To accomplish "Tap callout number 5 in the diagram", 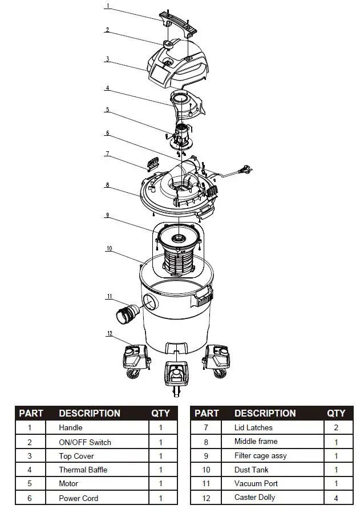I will pyautogui.click(x=107, y=110).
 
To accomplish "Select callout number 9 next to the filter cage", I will pyautogui.click(x=107, y=215).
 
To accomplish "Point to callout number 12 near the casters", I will pyautogui.click(x=110, y=334).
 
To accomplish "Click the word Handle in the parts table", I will pyautogui.click(x=71, y=427).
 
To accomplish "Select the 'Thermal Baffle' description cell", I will pyautogui.click(x=83, y=470).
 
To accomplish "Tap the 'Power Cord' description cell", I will pyautogui.click(x=78, y=498).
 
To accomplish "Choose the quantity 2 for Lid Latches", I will pyautogui.click(x=336, y=427).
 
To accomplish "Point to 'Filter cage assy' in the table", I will pyautogui.click(x=260, y=456).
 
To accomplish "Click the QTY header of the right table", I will pyautogui.click(x=336, y=413).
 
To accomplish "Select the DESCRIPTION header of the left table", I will pyautogui.click(x=90, y=413).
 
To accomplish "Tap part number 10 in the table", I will pyautogui.click(x=207, y=470).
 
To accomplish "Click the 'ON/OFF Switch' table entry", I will pyautogui.click(x=85, y=442).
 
